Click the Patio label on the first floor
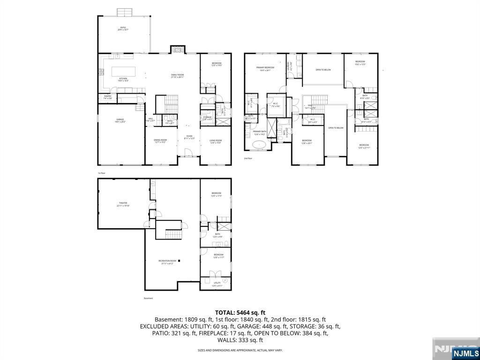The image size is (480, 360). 123,29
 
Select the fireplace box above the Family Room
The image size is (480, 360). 177,50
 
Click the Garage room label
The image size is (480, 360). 120,120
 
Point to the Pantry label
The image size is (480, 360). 107,97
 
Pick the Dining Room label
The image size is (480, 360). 160,141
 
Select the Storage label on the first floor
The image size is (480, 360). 207,118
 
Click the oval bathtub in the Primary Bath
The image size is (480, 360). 259,145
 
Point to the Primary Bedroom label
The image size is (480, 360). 265,68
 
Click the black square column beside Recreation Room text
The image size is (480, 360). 179,261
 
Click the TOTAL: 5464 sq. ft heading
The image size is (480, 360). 240,312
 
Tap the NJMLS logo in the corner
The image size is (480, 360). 465,352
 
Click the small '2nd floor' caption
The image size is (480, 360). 248,158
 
